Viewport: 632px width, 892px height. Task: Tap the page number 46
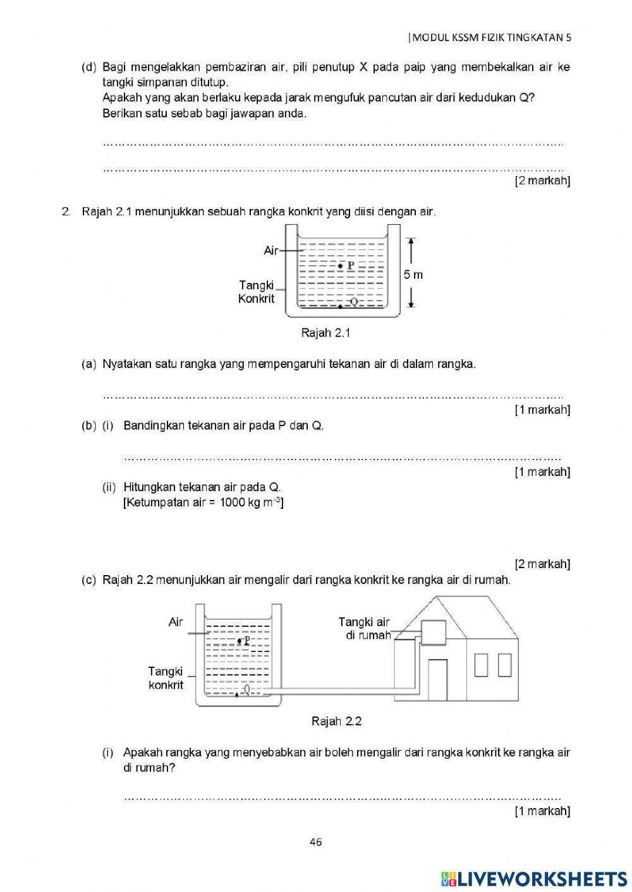316,841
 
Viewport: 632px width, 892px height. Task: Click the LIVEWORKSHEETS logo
534,879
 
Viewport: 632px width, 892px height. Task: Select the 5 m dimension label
413,275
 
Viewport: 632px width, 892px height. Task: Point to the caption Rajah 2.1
325,333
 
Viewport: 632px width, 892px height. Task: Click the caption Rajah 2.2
336,721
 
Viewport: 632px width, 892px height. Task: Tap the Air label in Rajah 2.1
271,251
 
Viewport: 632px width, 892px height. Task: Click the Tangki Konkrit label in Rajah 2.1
257,292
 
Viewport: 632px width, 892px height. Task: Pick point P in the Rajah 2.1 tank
341,266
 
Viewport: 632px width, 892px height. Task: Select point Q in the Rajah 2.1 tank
341,306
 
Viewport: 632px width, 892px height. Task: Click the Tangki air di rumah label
365,629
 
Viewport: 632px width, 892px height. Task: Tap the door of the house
437,679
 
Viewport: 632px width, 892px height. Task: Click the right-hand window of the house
504,665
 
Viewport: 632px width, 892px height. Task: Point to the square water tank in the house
434,632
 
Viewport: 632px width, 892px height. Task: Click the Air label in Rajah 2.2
176,622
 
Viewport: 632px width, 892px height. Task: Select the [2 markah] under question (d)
542,181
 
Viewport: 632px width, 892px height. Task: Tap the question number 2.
66,211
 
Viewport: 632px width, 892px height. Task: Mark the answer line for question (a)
332,397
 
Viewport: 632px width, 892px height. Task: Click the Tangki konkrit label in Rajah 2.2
166,678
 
